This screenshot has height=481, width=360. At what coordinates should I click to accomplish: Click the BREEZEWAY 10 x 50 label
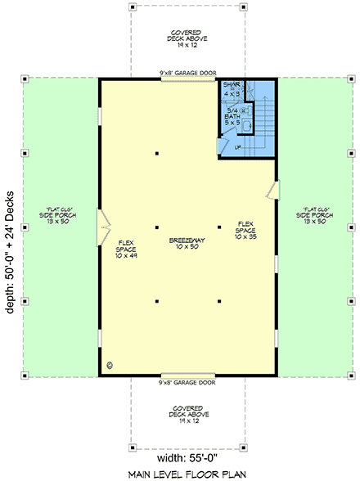188,244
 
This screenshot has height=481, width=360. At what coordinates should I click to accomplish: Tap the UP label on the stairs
238,148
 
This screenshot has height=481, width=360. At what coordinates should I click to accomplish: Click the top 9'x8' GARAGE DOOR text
187,73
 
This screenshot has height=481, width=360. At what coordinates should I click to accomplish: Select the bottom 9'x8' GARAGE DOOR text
187,382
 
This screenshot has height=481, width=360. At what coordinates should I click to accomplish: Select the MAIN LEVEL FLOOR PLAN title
187,473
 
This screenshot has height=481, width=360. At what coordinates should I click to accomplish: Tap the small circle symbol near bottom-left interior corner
110,366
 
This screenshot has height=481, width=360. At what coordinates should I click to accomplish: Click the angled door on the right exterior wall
272,190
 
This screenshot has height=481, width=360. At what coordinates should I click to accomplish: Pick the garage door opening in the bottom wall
187,375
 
